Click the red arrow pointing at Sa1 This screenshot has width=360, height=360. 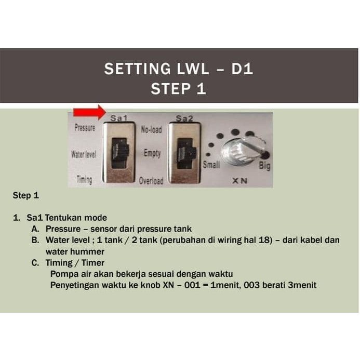click(x=90, y=113)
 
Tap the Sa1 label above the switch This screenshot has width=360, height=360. click(x=118, y=118)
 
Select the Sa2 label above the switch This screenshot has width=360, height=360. click(x=184, y=118)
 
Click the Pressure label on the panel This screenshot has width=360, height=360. click(x=85, y=127)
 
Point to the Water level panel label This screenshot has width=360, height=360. click(x=83, y=154)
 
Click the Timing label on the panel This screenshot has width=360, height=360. click(x=84, y=180)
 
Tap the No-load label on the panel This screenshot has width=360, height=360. click(x=151, y=130)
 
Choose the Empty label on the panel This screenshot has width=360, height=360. click(x=152, y=153)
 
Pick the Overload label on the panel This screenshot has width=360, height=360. click(x=151, y=181)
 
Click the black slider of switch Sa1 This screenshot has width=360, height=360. click(x=119, y=151)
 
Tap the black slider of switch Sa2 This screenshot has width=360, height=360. click(x=186, y=152)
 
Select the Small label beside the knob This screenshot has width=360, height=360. click(x=211, y=164)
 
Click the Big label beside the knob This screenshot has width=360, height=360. click(x=264, y=165)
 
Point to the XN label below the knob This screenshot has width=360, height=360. click(x=239, y=181)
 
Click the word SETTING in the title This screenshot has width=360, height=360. click(x=137, y=69)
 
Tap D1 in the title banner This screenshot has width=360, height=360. click(x=242, y=69)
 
